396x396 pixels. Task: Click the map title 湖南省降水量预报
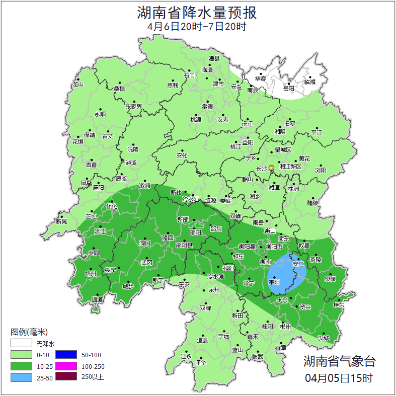[197, 12]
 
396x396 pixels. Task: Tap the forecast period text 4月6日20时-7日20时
[197, 27]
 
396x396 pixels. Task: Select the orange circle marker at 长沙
[272, 168]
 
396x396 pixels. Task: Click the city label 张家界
[134, 107]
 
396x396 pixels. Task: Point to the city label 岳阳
[288, 89]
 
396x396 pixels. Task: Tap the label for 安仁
[298, 264]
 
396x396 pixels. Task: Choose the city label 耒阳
[275, 282]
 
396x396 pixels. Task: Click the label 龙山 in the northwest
[77, 85]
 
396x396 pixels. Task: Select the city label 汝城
[323, 338]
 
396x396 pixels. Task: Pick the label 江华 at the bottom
[201, 363]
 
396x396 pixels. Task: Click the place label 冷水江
[191, 200]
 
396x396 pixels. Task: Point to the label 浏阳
[321, 170]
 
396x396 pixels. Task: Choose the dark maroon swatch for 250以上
[66, 376]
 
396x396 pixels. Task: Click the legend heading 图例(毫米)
[29, 332]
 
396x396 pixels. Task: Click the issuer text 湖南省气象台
[339, 361]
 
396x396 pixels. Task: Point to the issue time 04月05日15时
[339, 377]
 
